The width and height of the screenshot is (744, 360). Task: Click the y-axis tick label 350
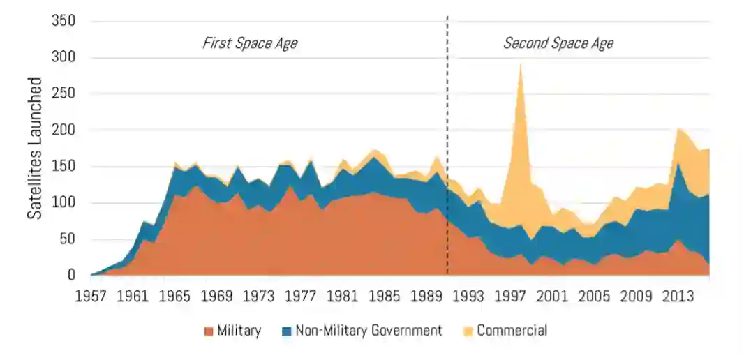[x=64, y=21]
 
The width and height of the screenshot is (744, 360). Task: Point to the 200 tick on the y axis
[x=64, y=130]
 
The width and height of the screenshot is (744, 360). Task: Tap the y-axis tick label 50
[x=67, y=239]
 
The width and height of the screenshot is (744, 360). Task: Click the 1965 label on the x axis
[x=175, y=296]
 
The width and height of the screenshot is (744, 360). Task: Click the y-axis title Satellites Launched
[x=35, y=148]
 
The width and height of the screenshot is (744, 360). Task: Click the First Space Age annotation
[x=250, y=43]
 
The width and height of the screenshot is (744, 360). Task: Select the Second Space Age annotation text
[x=558, y=43]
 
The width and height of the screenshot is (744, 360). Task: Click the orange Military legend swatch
[x=207, y=331]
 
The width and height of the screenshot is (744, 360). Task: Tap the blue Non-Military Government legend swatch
[x=285, y=331]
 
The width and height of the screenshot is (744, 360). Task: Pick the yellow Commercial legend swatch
[x=467, y=331]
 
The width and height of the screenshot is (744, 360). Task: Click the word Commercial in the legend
[x=512, y=331]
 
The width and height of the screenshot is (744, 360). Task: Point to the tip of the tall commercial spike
[x=520, y=65]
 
